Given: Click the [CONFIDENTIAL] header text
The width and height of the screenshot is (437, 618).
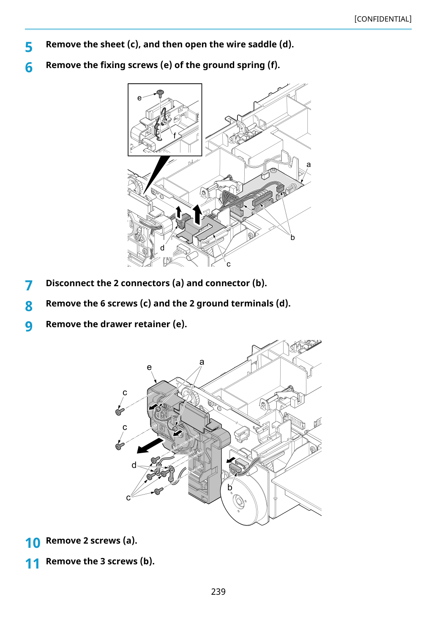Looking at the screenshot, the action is (x=382, y=19).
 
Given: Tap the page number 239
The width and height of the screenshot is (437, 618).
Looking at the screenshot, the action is (x=218, y=591).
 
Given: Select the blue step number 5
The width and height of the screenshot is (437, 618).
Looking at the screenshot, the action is (x=29, y=47).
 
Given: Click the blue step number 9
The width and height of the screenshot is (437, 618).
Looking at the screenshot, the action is (x=29, y=326).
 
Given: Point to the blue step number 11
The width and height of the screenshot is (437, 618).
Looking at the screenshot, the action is (x=32, y=563).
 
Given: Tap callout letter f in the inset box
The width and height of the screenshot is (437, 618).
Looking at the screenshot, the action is (x=175, y=135).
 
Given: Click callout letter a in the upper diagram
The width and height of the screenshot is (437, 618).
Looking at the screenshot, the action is (x=309, y=165).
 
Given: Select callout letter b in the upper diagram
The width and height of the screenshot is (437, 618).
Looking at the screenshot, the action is (x=292, y=237).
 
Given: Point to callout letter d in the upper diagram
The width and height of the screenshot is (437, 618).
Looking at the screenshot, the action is (x=162, y=248).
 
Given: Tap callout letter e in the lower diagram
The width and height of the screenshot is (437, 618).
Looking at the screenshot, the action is (x=149, y=367).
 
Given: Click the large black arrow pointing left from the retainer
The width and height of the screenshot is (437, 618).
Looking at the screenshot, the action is (x=150, y=446).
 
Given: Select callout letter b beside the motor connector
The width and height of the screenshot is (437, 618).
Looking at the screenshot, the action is (x=229, y=487).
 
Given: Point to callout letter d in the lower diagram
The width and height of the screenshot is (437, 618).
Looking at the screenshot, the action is (x=134, y=465).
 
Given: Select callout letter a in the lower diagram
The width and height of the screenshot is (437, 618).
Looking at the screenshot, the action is (x=202, y=362).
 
